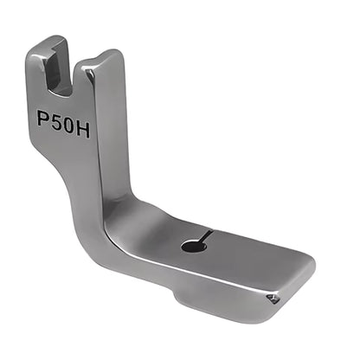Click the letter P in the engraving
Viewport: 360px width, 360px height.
pyautogui.click(x=42, y=118)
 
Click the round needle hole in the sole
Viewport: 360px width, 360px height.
pyautogui.click(x=194, y=247)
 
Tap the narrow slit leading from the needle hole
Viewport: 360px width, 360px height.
pyautogui.click(x=206, y=235)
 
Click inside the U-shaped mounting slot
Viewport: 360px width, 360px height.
pyautogui.click(x=59, y=71)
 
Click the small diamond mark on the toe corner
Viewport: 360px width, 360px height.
pyautogui.click(x=273, y=299)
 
